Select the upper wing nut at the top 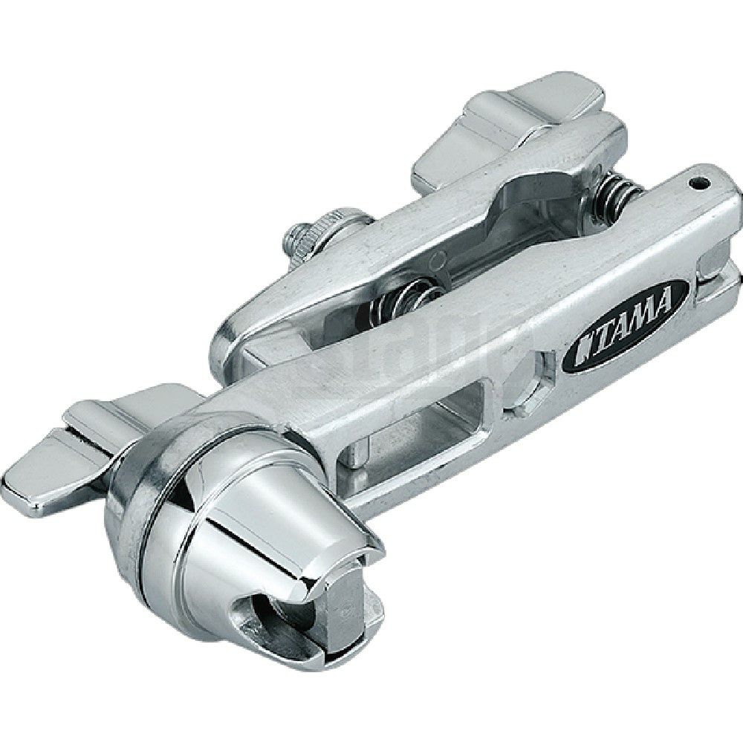coord(513,123)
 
